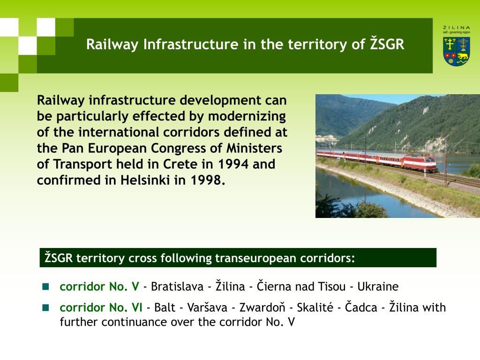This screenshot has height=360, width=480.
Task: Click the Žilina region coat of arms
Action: (457, 52)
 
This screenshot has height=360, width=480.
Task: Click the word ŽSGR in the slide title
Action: (387, 44)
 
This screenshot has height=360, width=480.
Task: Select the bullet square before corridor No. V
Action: (45, 286)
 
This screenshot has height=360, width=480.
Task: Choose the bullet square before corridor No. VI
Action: (45, 307)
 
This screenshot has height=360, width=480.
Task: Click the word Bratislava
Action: (177, 286)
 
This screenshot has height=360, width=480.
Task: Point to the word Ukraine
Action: (378, 286)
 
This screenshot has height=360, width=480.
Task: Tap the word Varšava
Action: (207, 307)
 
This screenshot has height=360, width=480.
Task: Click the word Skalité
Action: (315, 307)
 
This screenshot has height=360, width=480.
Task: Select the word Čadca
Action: (361, 307)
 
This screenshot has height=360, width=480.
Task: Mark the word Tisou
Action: (332, 286)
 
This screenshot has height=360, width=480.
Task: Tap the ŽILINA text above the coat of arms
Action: (457, 28)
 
